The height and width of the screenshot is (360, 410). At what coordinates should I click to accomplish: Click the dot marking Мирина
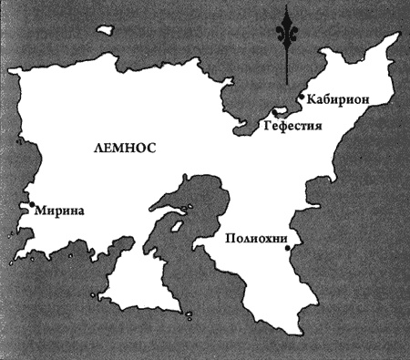pyautogui.click(x=32, y=207)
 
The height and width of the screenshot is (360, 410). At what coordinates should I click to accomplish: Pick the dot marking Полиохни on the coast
pyautogui.click(x=287, y=248)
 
